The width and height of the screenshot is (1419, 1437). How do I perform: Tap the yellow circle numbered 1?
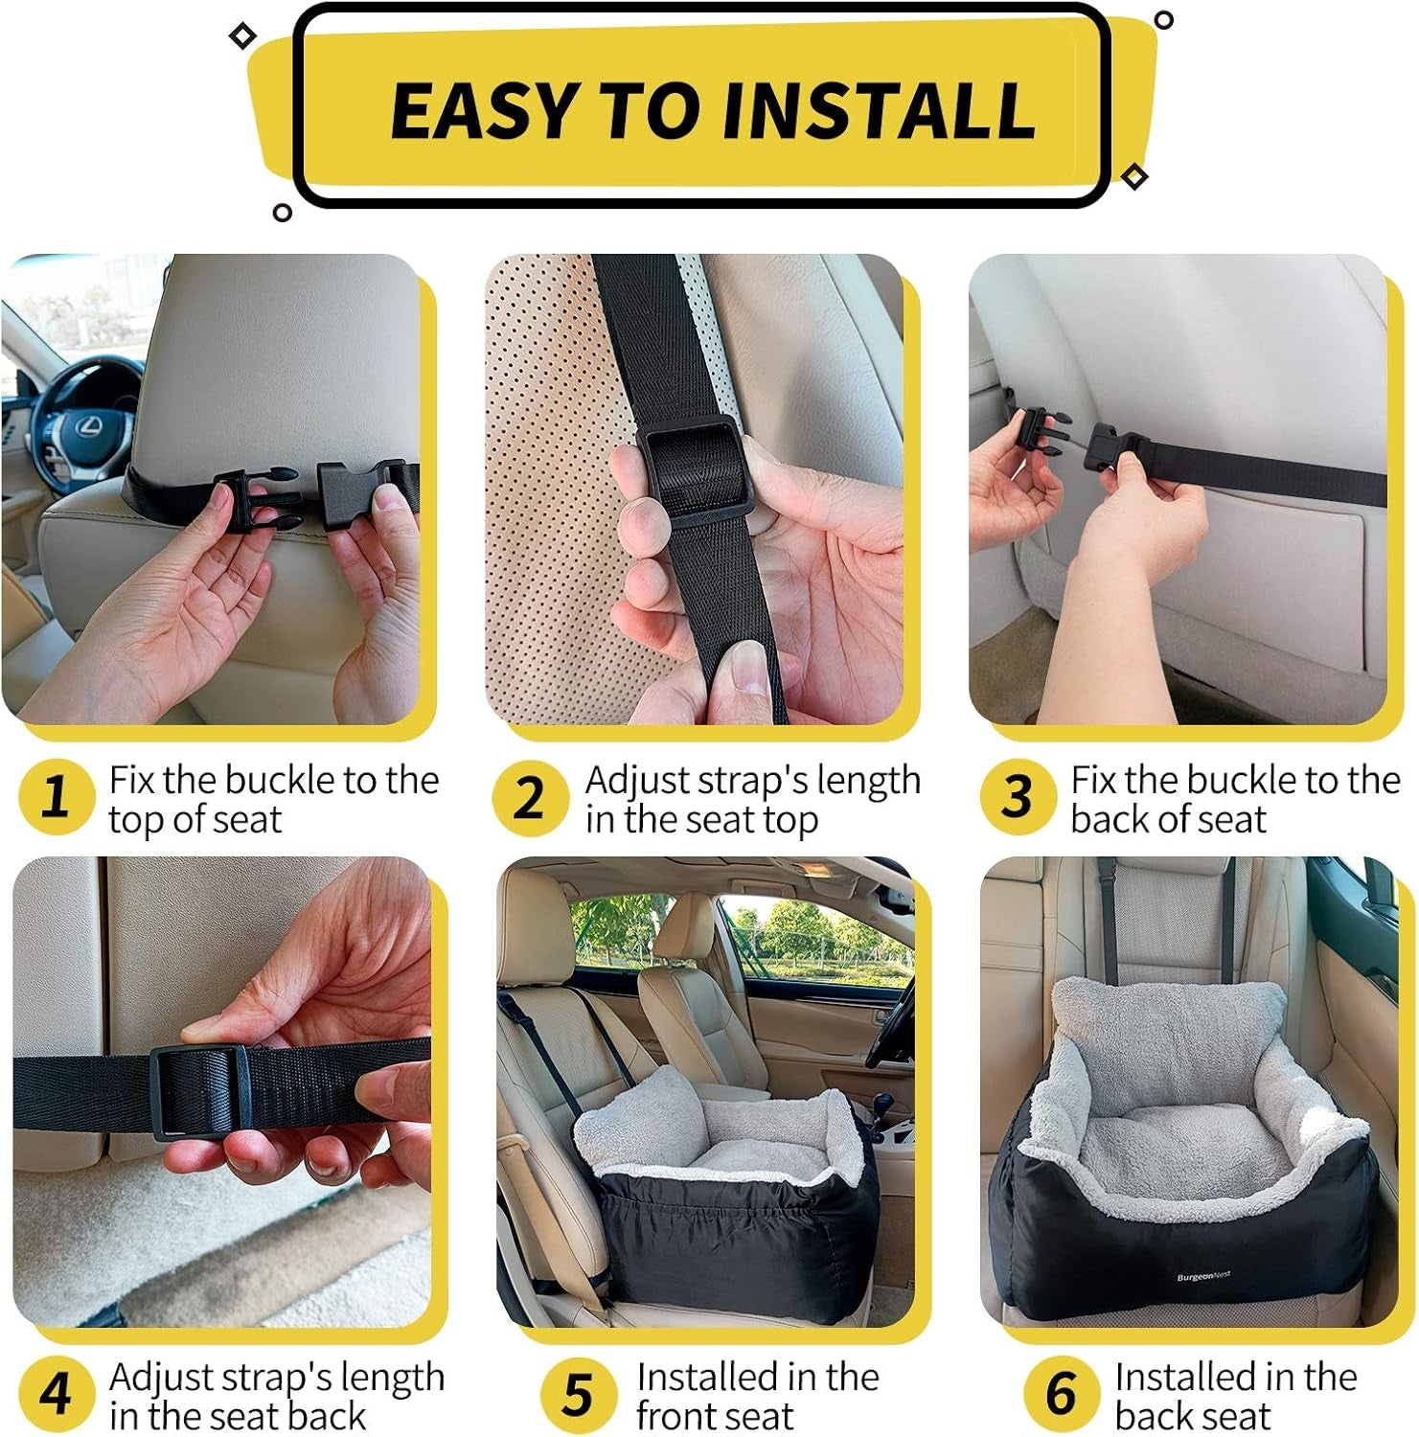pyautogui.click(x=56, y=797)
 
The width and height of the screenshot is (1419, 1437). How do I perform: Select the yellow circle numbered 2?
pyautogui.click(x=530, y=797)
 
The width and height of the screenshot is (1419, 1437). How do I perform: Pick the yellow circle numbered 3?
pyautogui.click(x=1017, y=797)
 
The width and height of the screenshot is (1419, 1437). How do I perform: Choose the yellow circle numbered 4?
pyautogui.click(x=56, y=1394)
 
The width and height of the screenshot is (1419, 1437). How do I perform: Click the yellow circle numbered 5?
pyautogui.click(x=578, y=1394)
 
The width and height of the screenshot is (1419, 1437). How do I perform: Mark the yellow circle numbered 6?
pyautogui.click(x=1061, y=1394)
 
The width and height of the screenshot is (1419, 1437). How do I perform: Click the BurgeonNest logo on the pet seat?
pyautogui.click(x=1203, y=1276)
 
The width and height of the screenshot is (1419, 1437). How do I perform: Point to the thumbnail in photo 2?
pyautogui.click(x=745, y=671)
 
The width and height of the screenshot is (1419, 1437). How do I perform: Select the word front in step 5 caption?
pyautogui.click(x=680, y=1416)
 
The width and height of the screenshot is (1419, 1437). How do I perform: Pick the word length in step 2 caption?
pyautogui.click(x=868, y=781)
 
